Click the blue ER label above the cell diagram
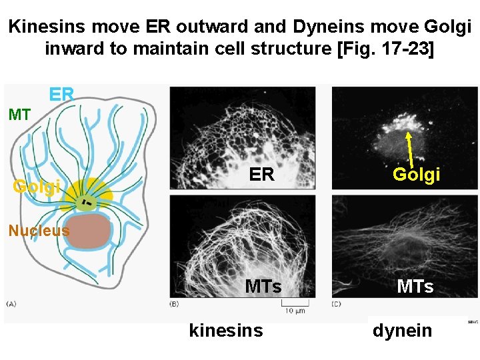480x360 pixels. [x=61, y=95]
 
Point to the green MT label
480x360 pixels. [x=19, y=115]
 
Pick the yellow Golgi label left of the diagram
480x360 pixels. [x=37, y=186]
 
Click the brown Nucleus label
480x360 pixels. [x=39, y=231]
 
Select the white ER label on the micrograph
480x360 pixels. [x=261, y=175]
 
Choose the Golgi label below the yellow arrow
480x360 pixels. [x=416, y=175]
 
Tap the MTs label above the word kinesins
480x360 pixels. [x=263, y=287]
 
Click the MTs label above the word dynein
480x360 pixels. [x=415, y=287]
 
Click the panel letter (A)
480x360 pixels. [x=11, y=304]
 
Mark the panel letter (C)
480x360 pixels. [x=338, y=304]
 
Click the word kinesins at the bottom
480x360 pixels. [x=226, y=330]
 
